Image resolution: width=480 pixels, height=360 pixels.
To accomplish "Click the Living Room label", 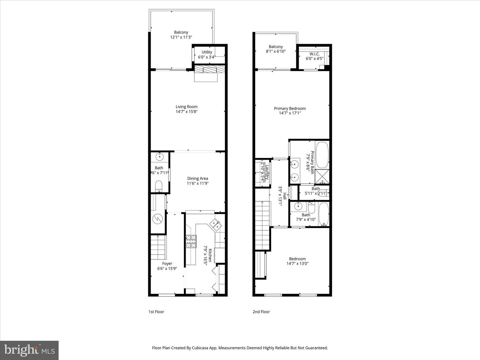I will (187, 107).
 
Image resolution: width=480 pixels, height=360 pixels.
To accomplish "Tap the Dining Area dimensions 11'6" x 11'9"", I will (198, 183).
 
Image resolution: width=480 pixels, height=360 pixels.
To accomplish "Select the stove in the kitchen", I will (191, 241).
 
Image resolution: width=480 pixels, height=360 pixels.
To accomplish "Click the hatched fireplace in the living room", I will (206, 69).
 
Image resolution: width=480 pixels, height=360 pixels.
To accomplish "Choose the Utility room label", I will (207, 52).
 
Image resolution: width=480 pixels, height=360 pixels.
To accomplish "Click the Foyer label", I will (167, 263).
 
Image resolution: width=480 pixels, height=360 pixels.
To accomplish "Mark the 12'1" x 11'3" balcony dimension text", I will (181, 37).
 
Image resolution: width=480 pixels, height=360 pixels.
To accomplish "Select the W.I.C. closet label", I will (314, 54).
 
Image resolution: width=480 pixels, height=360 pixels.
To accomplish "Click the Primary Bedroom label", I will (290, 108).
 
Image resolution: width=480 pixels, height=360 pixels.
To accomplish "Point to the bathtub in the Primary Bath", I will (322, 155).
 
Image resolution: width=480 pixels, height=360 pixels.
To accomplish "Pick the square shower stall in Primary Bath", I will (322, 176).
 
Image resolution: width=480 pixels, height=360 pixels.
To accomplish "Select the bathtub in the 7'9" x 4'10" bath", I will (324, 214).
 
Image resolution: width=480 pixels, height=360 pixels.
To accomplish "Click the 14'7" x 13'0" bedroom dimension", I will (297, 263).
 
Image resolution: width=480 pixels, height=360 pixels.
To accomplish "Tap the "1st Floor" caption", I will (156, 312).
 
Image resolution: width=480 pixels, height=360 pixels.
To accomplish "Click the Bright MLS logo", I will (29, 350).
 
